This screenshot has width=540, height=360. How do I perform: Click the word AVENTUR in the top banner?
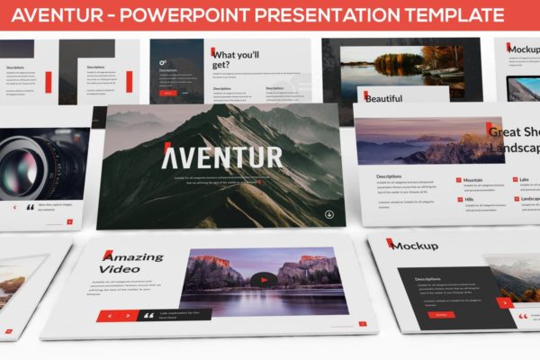tap(60, 15)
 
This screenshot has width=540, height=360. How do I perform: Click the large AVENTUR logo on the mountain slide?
tap(222, 157)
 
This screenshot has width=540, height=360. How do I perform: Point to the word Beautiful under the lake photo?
tap(384, 97)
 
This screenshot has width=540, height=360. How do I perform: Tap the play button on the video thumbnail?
tap(263, 279)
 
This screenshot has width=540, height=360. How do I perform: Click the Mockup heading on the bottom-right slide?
tap(415, 245)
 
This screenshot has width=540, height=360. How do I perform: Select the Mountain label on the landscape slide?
tap(473, 179)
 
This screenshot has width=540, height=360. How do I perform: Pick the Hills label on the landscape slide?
tap(468, 200)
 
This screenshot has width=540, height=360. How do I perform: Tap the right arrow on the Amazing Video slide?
tap(127, 316)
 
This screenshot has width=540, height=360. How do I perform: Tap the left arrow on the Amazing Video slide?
tap(111, 316)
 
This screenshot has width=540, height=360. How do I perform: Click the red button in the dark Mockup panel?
tap(441, 314)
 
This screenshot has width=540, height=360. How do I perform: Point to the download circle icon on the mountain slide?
tap(328, 214)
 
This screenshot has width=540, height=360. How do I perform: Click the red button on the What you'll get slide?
tap(167, 92)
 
